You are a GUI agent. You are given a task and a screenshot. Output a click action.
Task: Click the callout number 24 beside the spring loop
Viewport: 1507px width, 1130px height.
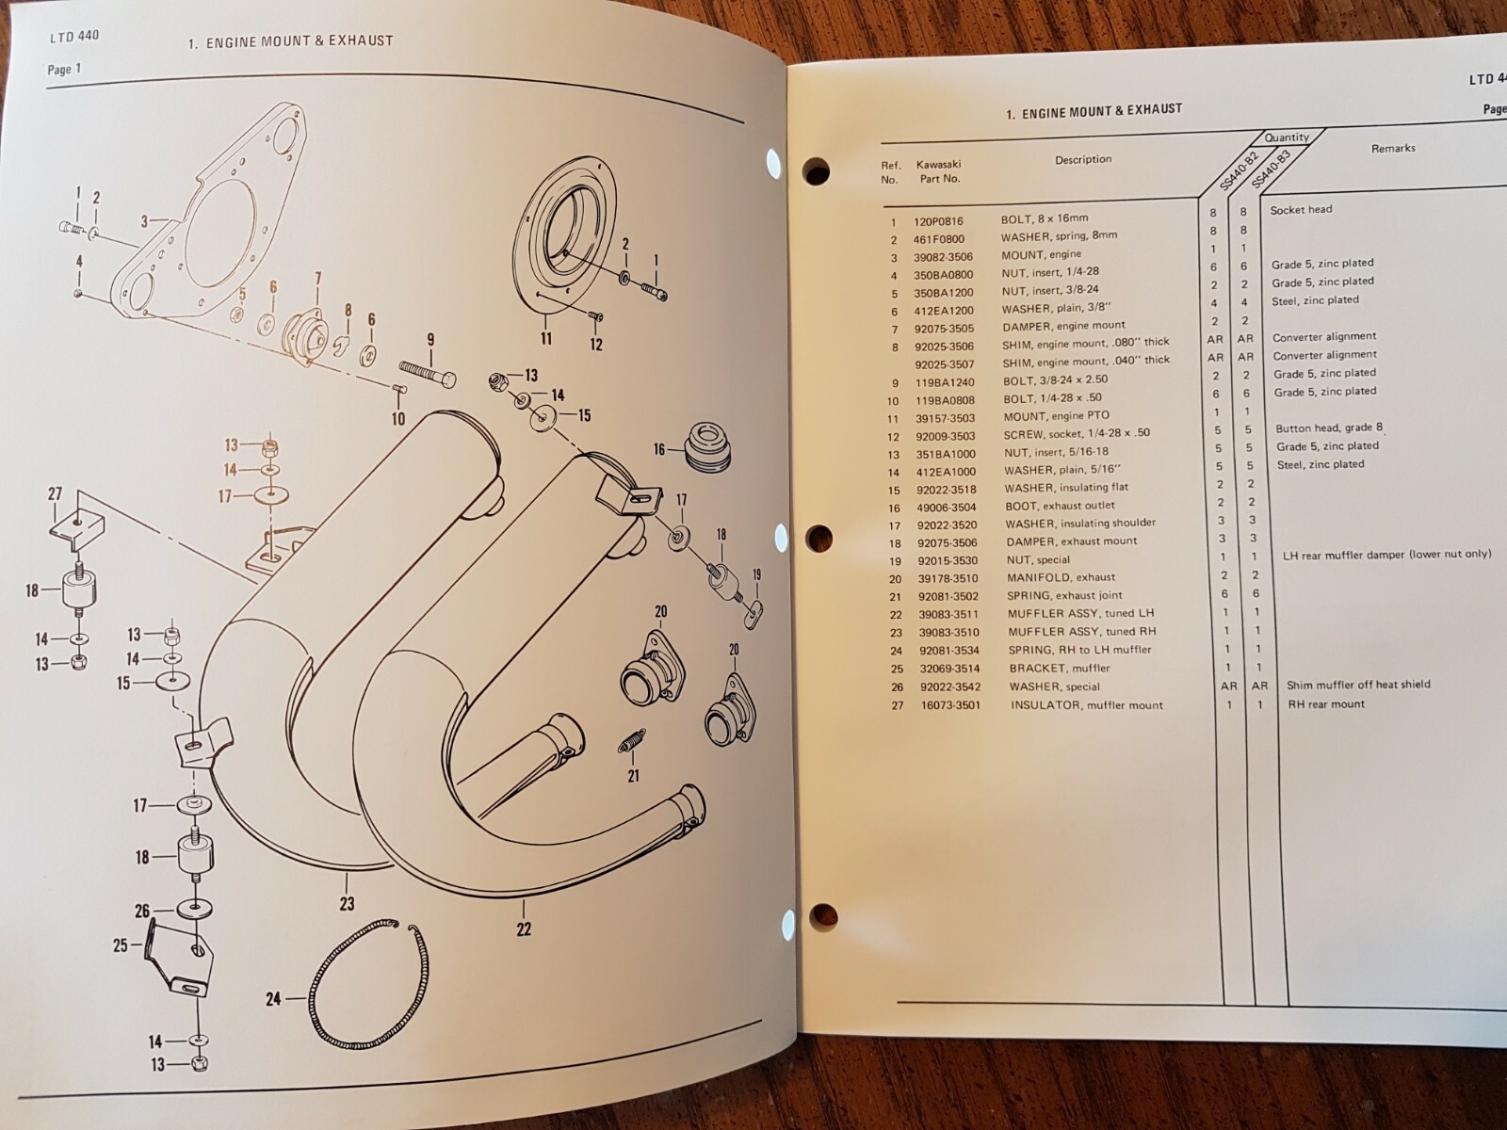[273, 998]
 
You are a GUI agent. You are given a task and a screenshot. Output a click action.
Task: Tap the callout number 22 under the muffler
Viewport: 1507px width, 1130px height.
[524, 928]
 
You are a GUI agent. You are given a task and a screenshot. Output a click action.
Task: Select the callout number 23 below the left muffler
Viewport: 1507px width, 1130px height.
[347, 903]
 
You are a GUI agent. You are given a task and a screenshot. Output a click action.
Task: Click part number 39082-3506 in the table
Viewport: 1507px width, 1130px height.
[944, 256]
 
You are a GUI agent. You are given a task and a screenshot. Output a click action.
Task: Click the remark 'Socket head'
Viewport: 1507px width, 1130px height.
[1301, 209]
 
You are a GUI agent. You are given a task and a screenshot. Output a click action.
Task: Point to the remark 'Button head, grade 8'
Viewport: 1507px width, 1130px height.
[1329, 428]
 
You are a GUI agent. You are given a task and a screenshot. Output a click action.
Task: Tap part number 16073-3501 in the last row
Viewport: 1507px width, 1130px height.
[949, 704]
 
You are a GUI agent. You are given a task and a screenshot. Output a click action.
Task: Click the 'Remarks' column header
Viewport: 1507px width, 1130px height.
[1392, 148]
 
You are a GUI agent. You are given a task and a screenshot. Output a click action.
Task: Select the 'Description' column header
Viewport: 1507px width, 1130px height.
[1083, 159]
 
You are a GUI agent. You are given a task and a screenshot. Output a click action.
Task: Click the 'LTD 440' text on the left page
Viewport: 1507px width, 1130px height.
[74, 37]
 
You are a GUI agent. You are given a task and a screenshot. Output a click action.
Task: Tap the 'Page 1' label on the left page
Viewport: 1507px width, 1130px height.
[64, 69]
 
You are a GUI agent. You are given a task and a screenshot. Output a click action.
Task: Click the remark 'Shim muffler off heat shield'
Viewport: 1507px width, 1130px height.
[1358, 685]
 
